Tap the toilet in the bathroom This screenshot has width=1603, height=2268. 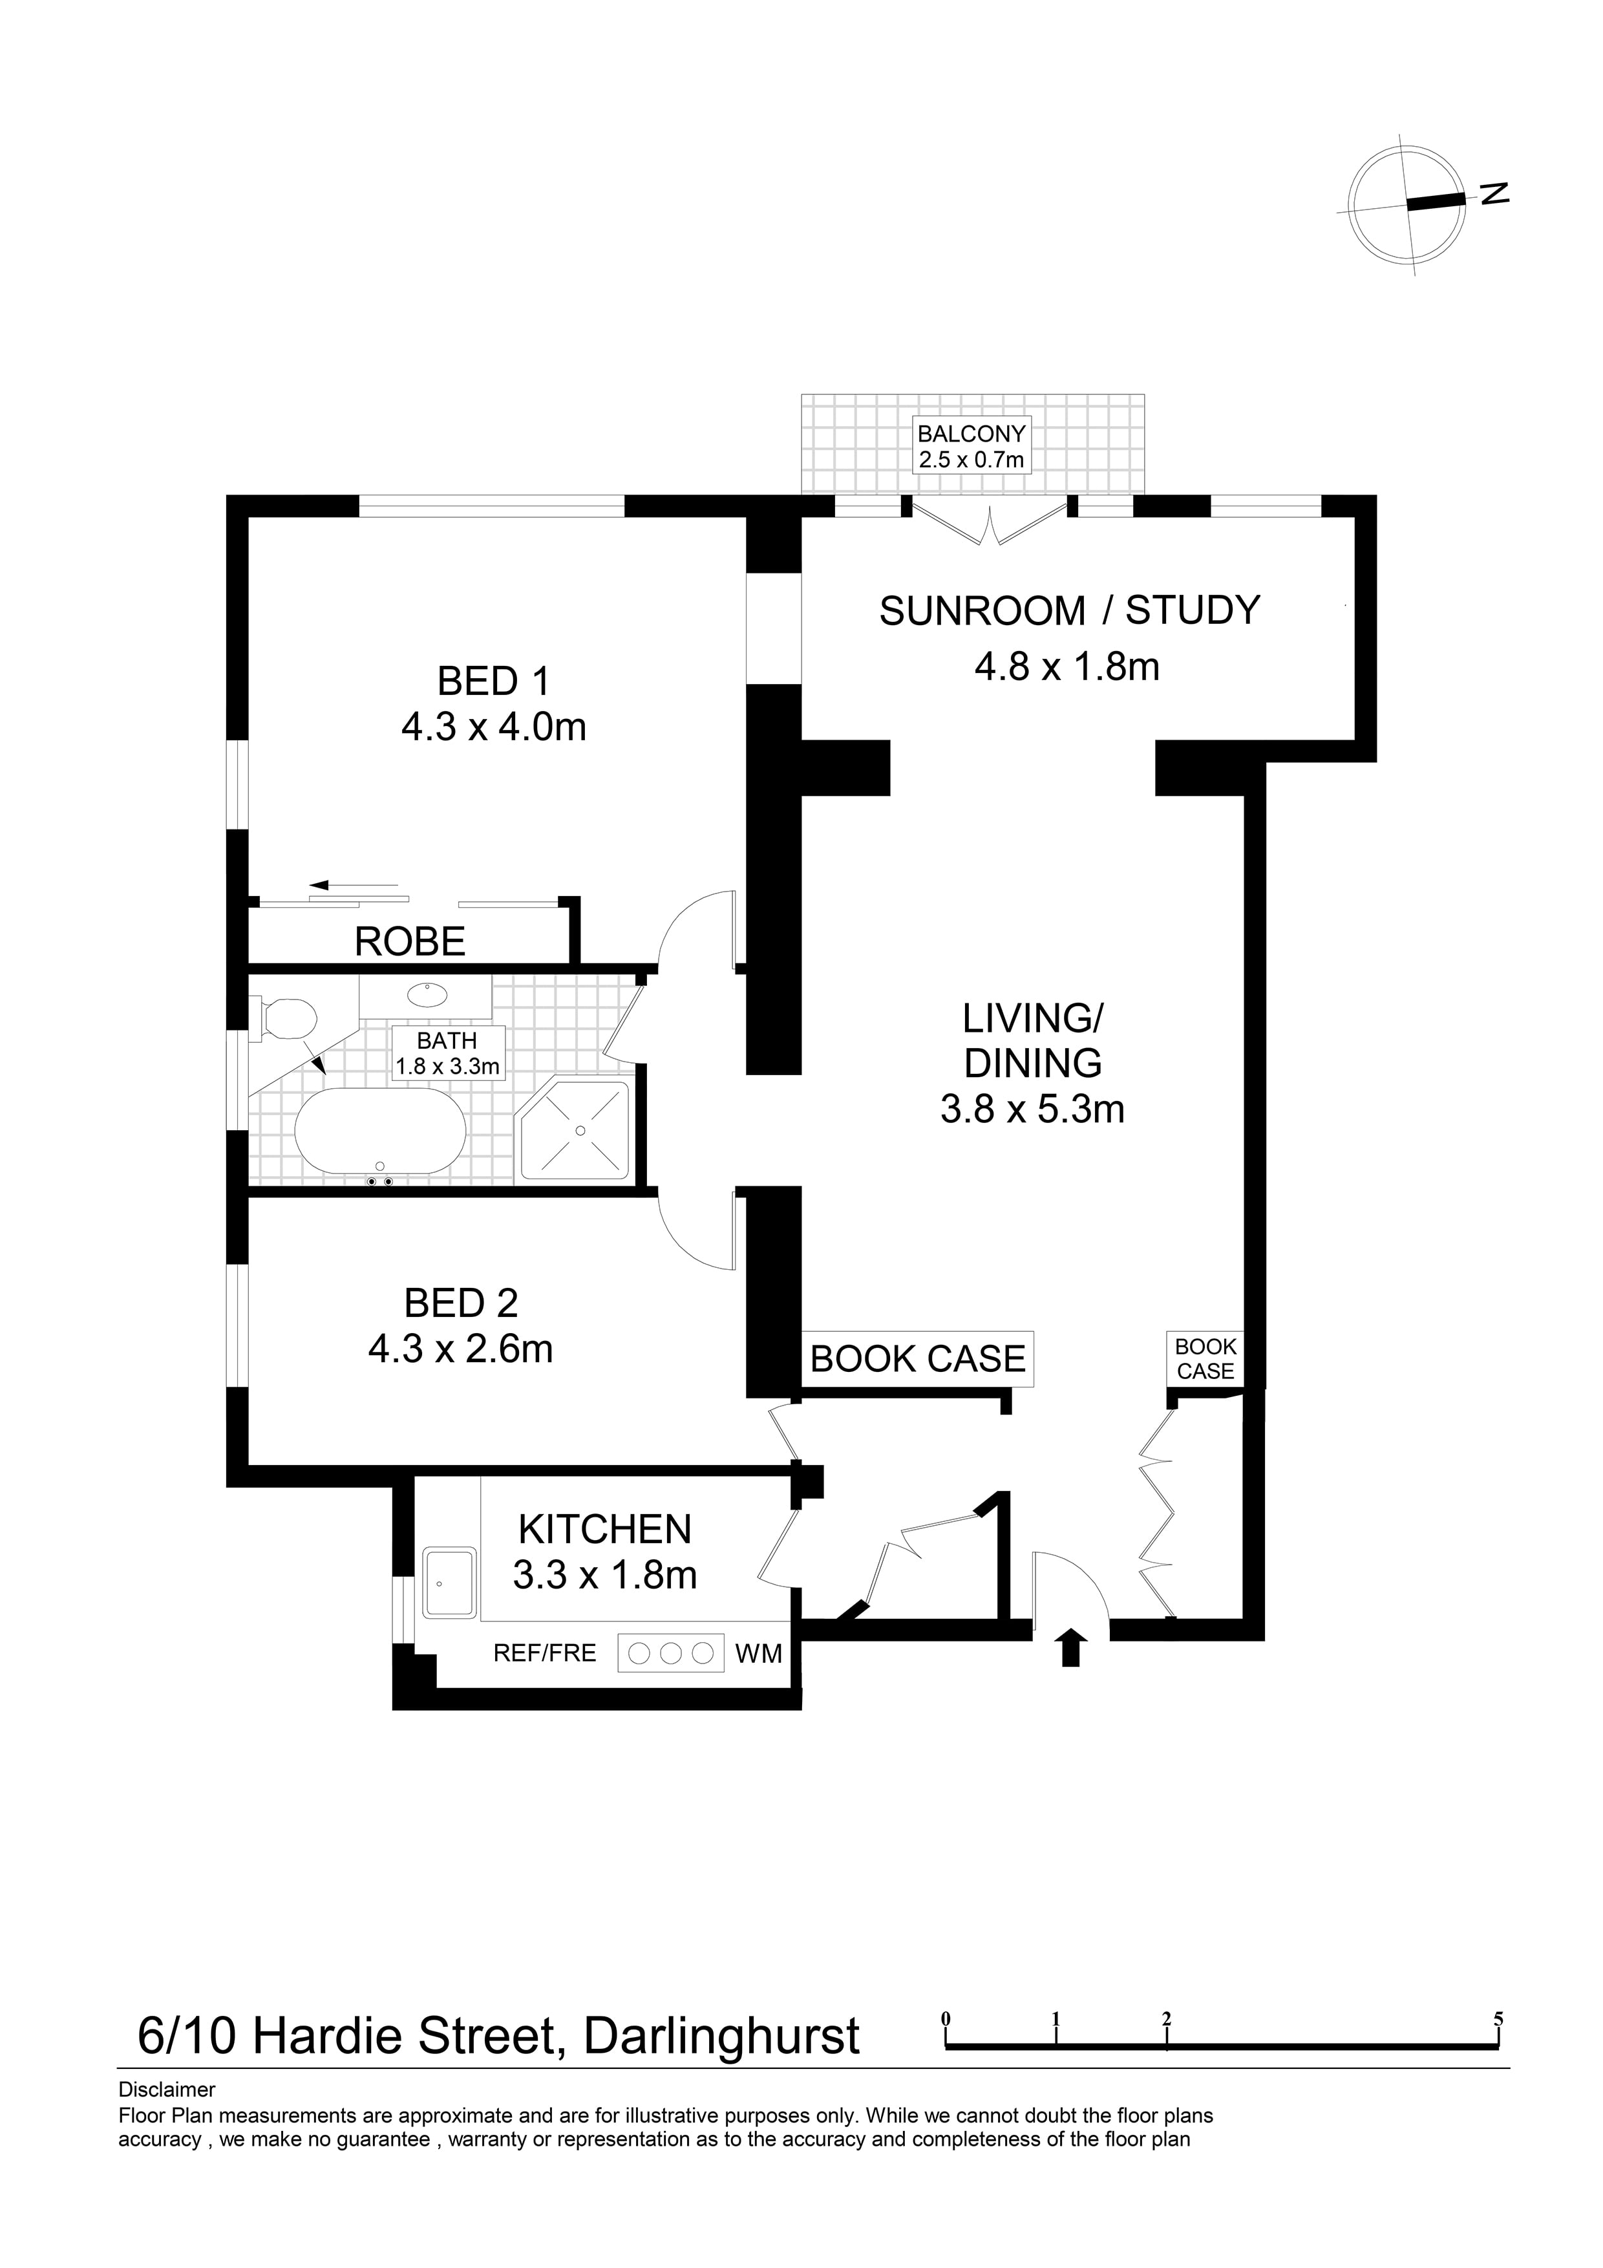coord(284,1018)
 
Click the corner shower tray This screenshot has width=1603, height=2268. coord(573,1131)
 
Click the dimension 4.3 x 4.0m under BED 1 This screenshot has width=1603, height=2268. coord(493,727)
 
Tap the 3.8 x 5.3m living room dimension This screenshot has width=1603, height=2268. coord(1032,1109)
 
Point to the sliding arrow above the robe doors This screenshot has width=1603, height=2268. coord(353,884)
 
